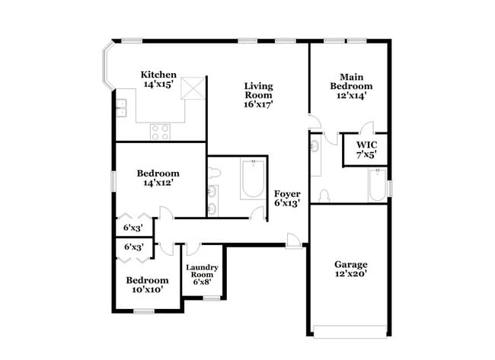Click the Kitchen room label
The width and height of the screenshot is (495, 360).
click(x=159, y=75)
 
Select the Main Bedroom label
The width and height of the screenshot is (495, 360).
click(x=350, y=81)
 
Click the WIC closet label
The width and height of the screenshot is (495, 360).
click(x=366, y=145)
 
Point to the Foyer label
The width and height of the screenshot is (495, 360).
click(x=286, y=193)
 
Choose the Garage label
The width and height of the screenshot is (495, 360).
click(x=350, y=265)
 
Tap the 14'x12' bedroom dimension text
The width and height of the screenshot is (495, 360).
click(x=158, y=183)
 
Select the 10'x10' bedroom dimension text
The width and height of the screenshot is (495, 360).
click(x=147, y=290)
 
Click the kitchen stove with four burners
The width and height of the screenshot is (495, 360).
click(x=160, y=132)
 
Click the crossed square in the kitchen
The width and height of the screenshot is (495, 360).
click(x=194, y=88)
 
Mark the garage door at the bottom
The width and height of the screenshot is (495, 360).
click(x=350, y=330)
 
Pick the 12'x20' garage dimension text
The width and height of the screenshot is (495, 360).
click(x=350, y=274)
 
